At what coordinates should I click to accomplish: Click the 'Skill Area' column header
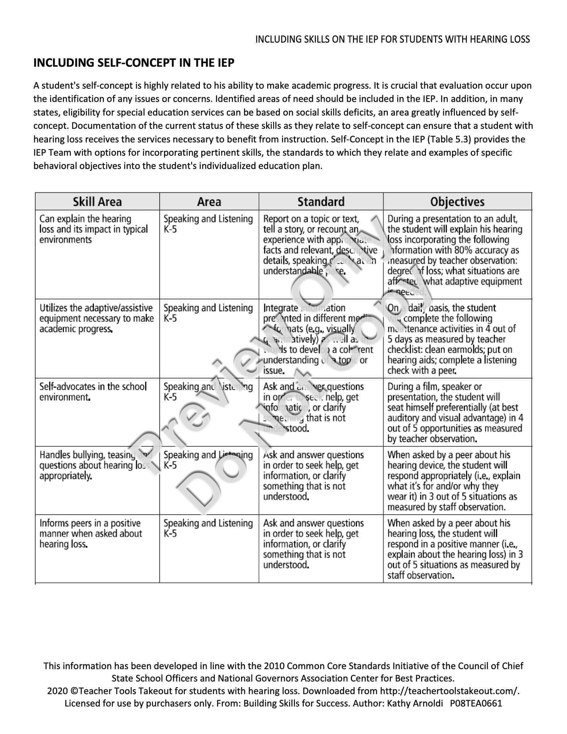tap(97, 202)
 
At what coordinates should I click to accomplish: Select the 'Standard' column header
tap(321, 202)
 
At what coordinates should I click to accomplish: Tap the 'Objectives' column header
tap(457, 202)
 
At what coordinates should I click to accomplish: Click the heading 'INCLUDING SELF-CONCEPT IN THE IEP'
tap(134, 63)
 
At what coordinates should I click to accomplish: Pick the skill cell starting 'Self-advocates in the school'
tap(93, 392)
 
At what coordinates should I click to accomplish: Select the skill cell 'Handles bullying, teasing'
tap(95, 465)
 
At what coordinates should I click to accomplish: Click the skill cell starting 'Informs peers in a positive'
tap(90, 534)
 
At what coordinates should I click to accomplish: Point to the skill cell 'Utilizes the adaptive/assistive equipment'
tap(96, 318)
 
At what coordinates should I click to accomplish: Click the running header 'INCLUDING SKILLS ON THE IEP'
tap(392, 40)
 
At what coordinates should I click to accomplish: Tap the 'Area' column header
tap(209, 202)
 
